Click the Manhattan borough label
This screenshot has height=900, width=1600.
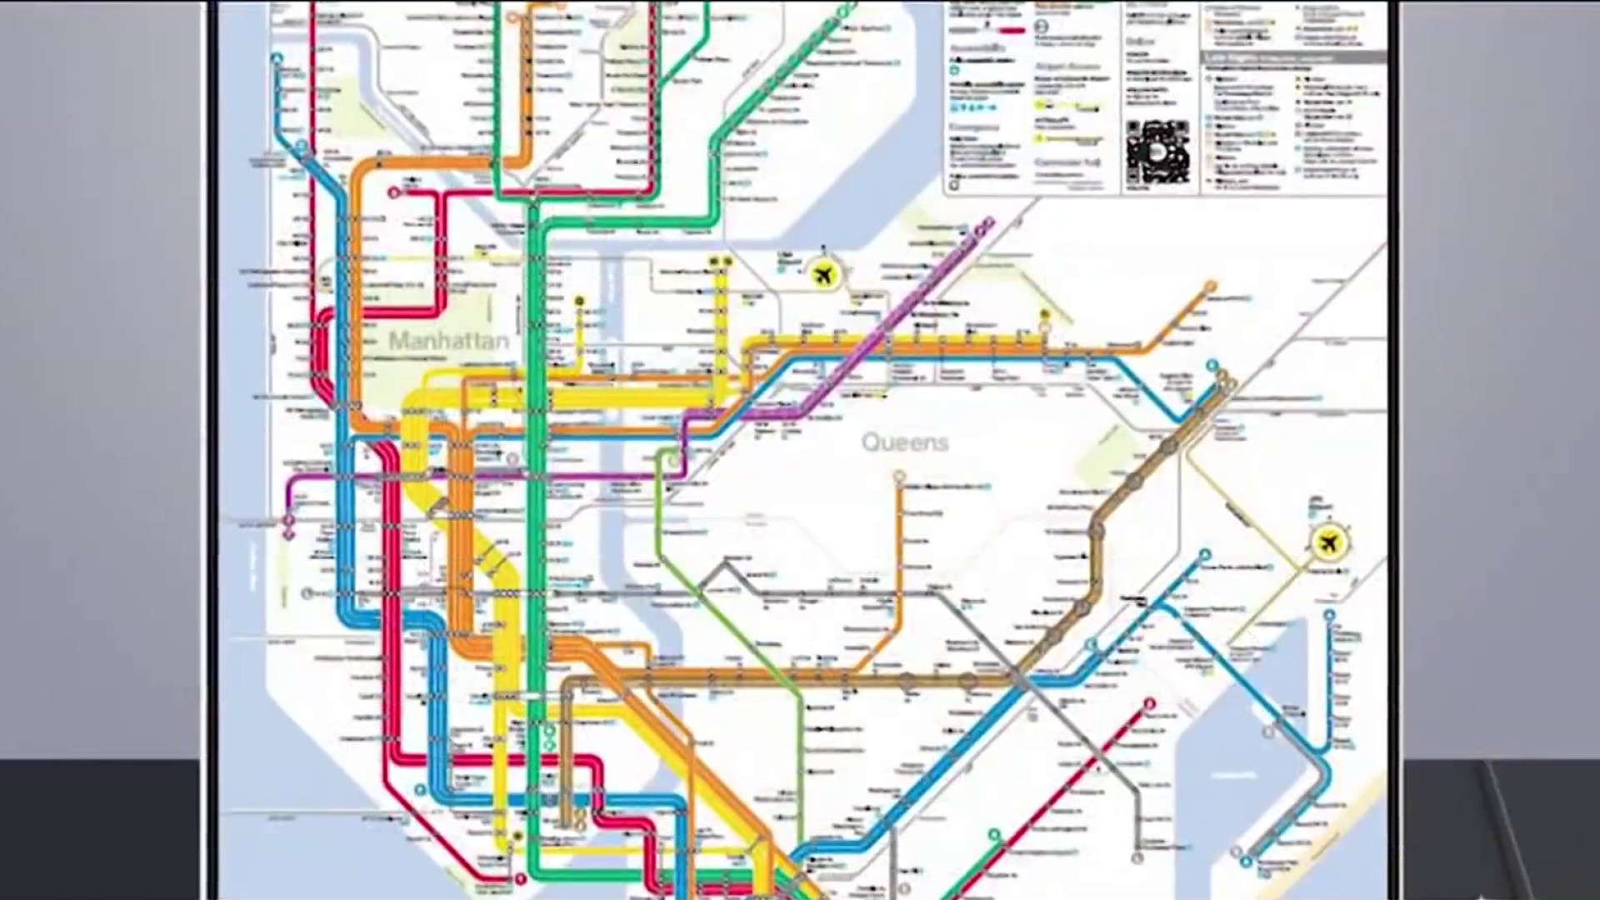(x=448, y=341)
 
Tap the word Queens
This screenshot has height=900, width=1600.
(x=904, y=442)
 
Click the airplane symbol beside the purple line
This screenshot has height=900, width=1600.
(x=823, y=273)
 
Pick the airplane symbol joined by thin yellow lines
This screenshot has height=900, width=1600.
(x=1328, y=542)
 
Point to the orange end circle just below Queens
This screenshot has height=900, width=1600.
(x=899, y=477)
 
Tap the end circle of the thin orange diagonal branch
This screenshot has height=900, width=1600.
(x=1210, y=287)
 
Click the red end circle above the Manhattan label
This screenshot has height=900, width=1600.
(x=394, y=193)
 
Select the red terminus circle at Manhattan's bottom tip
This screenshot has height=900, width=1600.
(x=521, y=878)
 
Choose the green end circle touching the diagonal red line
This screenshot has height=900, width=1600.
(x=993, y=834)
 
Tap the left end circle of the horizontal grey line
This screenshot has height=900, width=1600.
(x=307, y=593)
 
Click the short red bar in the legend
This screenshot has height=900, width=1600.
(x=1012, y=31)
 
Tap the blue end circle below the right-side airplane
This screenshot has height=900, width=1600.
(x=1330, y=616)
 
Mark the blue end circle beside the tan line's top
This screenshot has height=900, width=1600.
(x=1212, y=365)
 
